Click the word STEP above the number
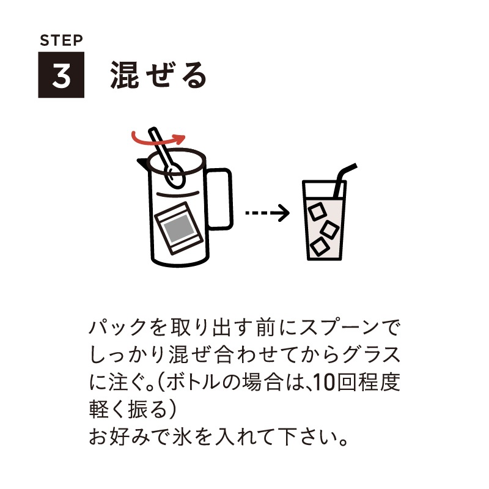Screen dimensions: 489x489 [x=61, y=42]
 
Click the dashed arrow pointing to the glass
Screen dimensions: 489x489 [x=267, y=214]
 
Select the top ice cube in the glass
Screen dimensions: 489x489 [x=317, y=211]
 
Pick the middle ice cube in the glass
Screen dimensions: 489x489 [x=331, y=229]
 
